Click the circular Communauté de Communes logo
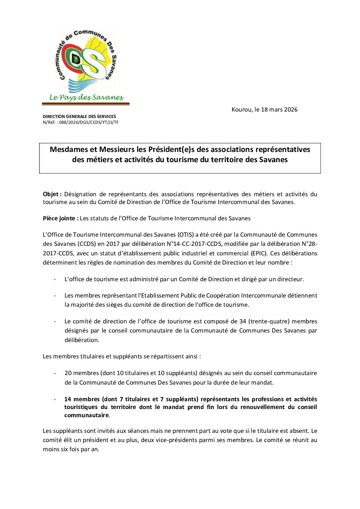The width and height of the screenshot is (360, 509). pos(85,61)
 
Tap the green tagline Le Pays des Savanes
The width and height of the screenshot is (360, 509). pos(86,98)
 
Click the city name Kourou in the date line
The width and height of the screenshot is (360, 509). pos(242,109)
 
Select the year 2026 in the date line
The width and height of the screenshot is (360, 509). pos(291,109)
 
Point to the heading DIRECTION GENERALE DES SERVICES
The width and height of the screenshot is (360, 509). pos(79,117)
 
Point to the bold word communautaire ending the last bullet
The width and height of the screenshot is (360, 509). pos(86,415)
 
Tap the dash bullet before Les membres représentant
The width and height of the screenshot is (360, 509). pos(55,296)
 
